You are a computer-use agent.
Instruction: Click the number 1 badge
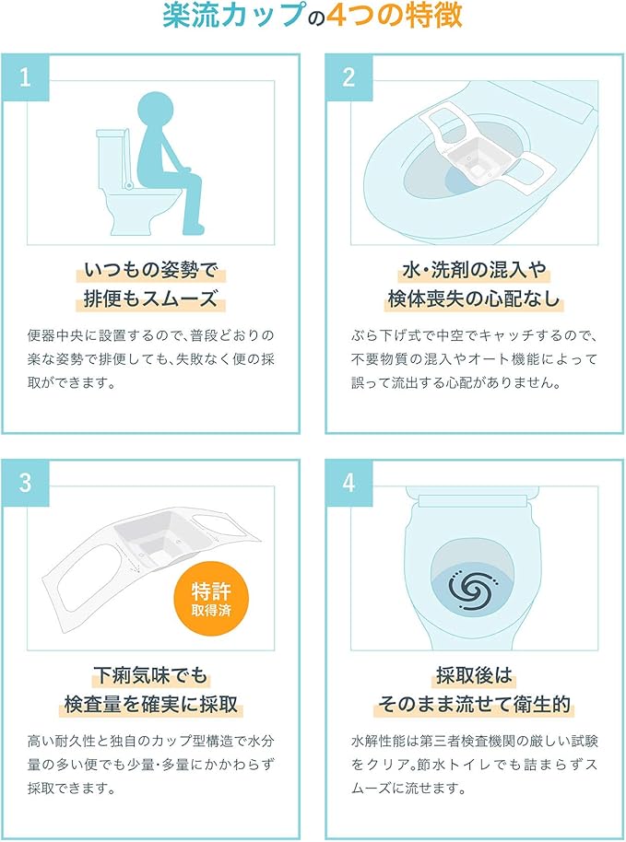25,77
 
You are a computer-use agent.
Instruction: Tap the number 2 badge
349,77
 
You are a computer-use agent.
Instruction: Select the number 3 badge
25,482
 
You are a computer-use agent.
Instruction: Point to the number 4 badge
349,482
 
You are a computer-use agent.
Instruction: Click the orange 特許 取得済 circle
211,599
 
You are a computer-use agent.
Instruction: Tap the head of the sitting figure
157,111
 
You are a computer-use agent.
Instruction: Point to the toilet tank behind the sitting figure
112,158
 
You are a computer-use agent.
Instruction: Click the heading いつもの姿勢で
151,270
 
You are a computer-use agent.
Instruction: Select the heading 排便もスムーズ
151,298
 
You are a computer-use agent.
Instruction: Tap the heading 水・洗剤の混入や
475,270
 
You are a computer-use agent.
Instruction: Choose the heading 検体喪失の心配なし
475,298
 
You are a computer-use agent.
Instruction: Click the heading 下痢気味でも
150,675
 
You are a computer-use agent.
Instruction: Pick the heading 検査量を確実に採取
151,704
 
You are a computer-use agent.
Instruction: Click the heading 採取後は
475,675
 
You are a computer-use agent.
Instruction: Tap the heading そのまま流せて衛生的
475,704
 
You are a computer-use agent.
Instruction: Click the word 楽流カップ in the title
234,15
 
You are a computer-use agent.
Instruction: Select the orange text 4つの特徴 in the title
395,15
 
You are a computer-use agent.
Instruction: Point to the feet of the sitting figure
194,229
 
